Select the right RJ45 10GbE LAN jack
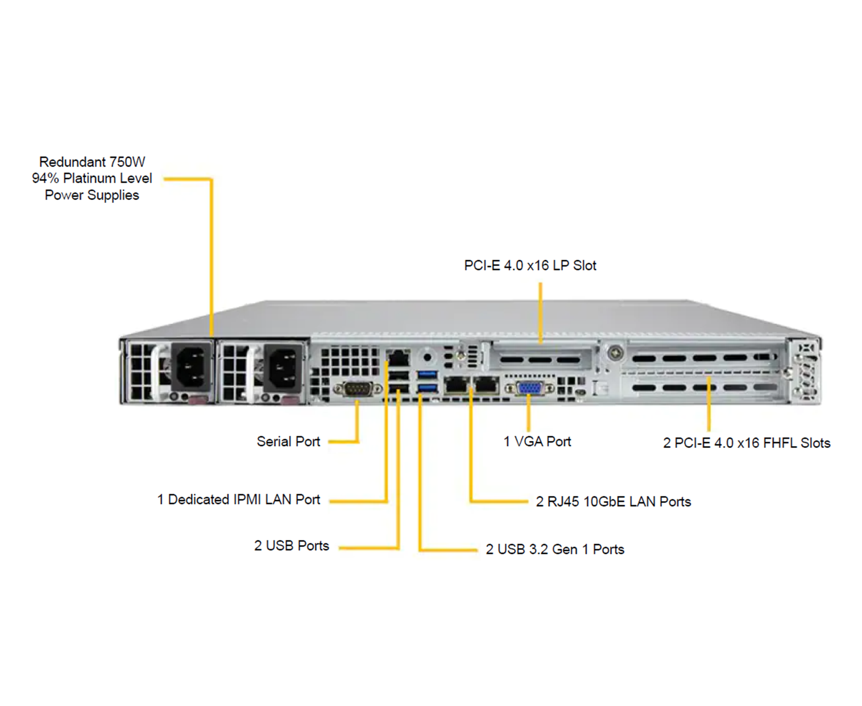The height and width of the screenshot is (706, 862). pos(486,384)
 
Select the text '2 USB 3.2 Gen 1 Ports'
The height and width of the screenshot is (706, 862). pos(555,549)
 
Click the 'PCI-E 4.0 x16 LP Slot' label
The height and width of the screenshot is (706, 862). pos(530,266)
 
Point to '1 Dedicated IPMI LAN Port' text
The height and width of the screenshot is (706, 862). pos(239,500)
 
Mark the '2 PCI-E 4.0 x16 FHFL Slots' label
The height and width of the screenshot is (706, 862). pos(746,443)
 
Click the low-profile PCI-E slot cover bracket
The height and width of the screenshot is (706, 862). pos(540,359)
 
